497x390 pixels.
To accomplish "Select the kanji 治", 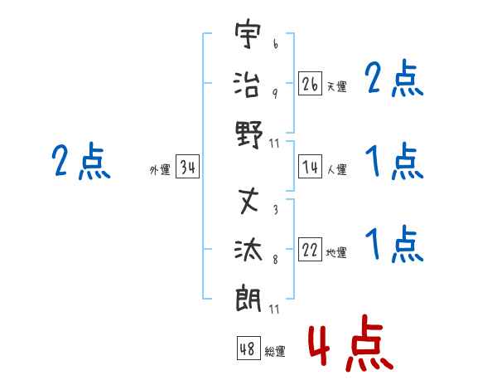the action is (247, 84).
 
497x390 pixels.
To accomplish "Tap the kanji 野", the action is (249, 134).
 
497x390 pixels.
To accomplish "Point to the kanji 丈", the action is (248, 201).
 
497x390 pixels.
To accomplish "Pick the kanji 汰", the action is (248, 250).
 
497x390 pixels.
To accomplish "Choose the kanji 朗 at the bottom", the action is (248, 298).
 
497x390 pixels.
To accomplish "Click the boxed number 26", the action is (310, 84).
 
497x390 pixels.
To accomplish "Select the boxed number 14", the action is (310, 167).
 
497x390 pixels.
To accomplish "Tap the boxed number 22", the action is (310, 249).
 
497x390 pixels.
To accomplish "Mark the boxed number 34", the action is (188, 167).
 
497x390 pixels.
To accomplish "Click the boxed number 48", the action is (248, 348).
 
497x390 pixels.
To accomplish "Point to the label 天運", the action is (337, 86).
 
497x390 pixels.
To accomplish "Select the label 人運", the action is (337, 169).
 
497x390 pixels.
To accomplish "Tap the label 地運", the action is (336, 252).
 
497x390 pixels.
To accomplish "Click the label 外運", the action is (160, 169).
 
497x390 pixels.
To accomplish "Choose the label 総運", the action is (275, 351).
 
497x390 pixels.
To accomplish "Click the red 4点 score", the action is (351, 343).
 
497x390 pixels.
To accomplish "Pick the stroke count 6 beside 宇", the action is (276, 43).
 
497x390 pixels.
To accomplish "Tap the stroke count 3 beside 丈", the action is (276, 209).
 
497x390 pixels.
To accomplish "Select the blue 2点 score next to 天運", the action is (393, 78).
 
